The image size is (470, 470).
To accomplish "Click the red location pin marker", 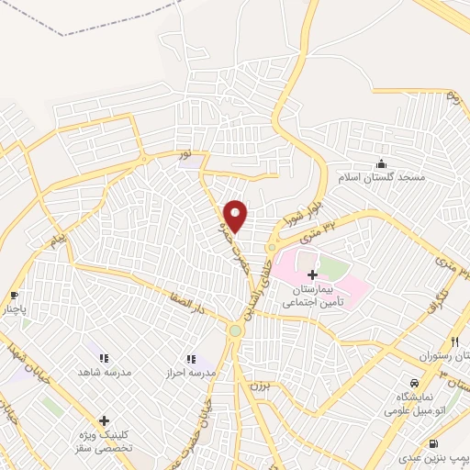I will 237,217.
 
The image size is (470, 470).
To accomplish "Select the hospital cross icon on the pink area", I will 312,274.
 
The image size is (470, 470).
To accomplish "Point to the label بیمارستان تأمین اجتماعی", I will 313,295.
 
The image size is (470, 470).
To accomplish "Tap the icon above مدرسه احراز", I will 190,358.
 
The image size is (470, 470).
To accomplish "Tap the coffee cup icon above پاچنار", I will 14,296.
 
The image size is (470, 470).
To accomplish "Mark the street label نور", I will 186,157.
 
